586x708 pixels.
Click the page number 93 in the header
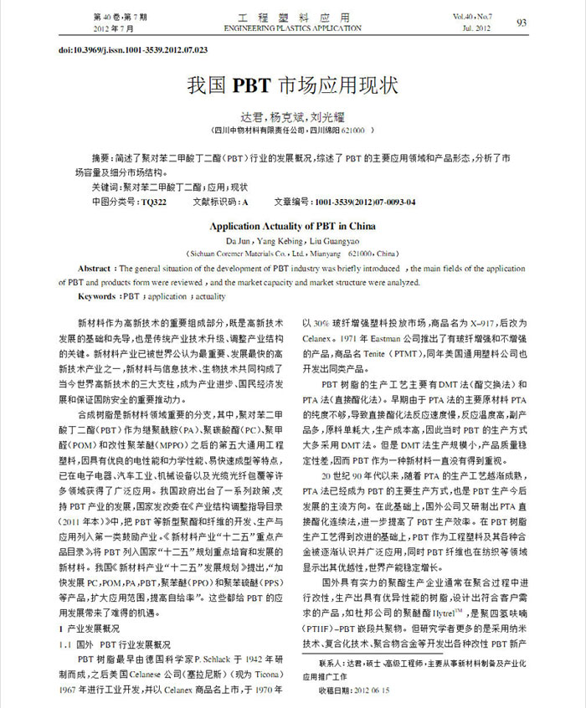(x=521, y=23)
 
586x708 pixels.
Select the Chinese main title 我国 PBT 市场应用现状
(x=292, y=86)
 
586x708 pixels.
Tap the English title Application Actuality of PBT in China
(x=292, y=225)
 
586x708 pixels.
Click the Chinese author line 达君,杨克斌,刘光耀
(x=292, y=116)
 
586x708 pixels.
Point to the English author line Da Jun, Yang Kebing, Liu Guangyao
(x=292, y=239)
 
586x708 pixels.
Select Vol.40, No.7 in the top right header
(x=475, y=17)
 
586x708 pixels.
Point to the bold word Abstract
(x=95, y=269)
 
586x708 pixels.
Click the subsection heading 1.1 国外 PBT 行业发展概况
(x=117, y=644)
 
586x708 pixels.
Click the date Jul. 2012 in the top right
(x=475, y=28)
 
